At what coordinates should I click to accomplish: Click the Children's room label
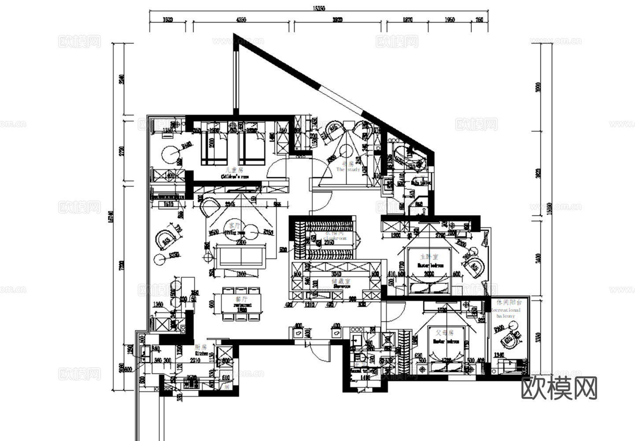coord(234,173)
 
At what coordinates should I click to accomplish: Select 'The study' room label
coord(348,167)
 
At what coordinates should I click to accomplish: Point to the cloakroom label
coord(335,235)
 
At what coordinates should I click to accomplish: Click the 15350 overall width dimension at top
coord(318,8)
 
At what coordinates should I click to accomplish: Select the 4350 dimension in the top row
coord(241,20)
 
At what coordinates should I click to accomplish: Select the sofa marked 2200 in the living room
coord(238,256)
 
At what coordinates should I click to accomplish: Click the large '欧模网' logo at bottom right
coord(559,388)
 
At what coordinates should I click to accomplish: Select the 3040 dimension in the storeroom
coord(336,273)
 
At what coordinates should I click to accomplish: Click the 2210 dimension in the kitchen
coord(195,360)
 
